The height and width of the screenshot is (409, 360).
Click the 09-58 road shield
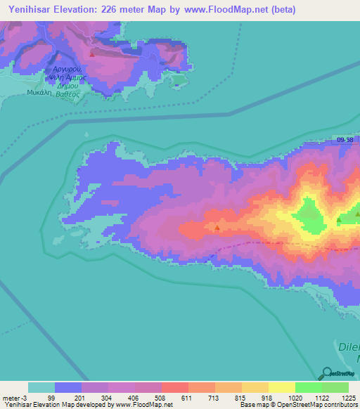coord(345,141)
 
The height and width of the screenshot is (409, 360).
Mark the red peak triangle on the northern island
coord(91,53)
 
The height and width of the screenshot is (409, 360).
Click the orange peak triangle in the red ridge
coord(217,228)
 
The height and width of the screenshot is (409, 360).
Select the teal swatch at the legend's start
coord(41,387)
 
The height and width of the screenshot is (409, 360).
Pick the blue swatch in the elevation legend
coord(68,387)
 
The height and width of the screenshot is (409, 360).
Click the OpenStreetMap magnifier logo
coord(326,373)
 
